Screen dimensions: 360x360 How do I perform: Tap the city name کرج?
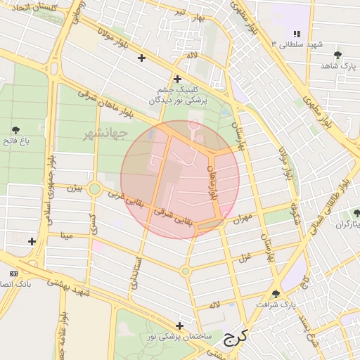coord(237,339)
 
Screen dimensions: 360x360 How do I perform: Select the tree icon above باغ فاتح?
coord(15,129)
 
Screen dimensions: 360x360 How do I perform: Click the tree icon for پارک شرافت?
coord(275,295)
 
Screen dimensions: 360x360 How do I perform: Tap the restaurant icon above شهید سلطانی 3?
coord(296,34)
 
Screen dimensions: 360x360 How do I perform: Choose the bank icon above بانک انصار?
coord(13,273)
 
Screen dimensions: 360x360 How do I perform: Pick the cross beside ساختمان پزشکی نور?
coord(181,326)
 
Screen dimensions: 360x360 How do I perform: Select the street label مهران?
coord(243,218)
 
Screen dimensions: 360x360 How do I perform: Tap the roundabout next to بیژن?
coord(94,189)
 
